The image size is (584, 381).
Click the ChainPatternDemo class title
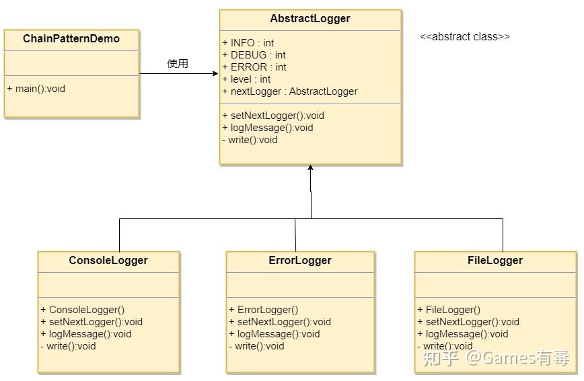[x=71, y=39]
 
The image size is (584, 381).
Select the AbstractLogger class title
[x=310, y=19]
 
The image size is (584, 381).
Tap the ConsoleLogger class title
[x=108, y=261]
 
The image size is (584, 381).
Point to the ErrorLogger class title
[x=300, y=261]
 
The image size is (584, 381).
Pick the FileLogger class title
[x=495, y=261]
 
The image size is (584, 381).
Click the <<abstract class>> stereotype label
[x=465, y=37]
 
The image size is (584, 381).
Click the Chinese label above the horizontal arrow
[x=178, y=63]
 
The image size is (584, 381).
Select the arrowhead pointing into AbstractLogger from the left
[x=215, y=73]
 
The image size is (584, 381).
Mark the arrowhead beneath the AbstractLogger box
[x=310, y=168]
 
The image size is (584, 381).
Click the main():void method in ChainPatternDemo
[x=36, y=89]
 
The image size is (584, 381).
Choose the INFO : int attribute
[x=248, y=43]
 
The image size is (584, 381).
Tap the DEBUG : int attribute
[x=254, y=55]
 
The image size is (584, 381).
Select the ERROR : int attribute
[x=254, y=67]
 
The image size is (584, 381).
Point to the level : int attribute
[x=246, y=79]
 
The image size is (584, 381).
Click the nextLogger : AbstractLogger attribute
[x=290, y=91]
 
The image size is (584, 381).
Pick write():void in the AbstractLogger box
[x=250, y=140]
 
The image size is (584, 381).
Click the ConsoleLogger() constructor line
[x=83, y=310]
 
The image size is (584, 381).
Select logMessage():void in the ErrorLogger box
[x=275, y=334]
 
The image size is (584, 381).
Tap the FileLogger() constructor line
[x=449, y=310]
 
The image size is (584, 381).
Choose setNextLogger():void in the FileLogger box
[x=468, y=322]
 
